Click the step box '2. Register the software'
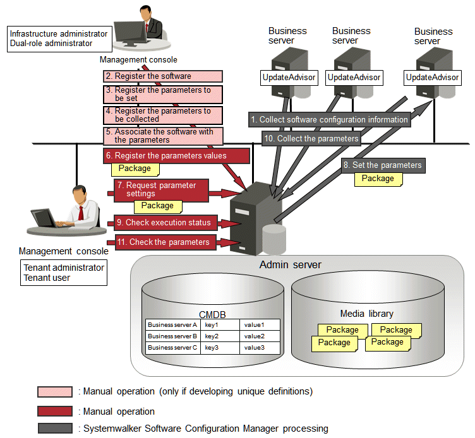[x=163, y=76]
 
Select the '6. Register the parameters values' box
[x=166, y=155]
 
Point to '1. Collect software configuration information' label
[x=328, y=119]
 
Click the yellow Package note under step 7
[x=157, y=206]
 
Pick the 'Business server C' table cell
[x=172, y=348]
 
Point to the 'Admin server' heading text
[x=290, y=264]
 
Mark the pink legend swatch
[x=54, y=391]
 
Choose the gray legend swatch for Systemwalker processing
[x=54, y=429]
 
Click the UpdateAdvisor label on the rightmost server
[x=432, y=78]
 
